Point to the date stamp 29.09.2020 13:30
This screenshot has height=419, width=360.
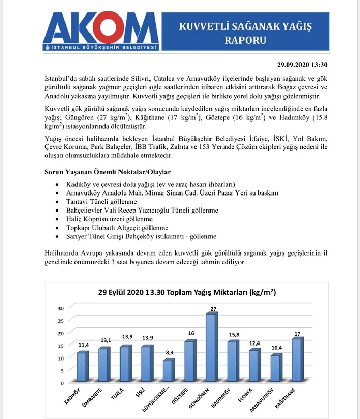(x=300, y=65)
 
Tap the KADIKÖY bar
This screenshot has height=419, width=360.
(x=82, y=367)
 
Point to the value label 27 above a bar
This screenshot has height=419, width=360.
(x=211, y=309)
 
